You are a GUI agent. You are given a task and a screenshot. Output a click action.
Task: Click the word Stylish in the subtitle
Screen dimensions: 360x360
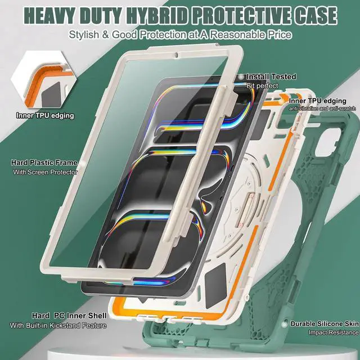click(86, 35)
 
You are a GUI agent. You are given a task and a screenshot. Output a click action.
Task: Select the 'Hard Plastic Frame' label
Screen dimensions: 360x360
click(44, 163)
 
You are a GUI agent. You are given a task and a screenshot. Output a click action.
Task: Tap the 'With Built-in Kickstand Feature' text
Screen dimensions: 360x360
click(57, 325)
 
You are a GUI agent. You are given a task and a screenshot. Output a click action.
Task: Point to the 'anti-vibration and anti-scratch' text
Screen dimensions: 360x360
click(323, 108)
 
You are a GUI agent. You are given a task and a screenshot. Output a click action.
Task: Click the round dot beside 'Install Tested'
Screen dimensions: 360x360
click(241, 76)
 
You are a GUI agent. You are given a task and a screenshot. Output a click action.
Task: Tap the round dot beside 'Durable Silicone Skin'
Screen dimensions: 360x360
click(285, 324)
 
